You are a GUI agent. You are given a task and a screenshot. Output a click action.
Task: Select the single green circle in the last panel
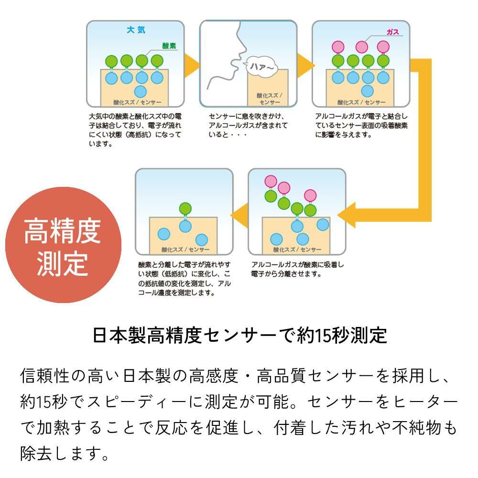pos(185,208)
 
